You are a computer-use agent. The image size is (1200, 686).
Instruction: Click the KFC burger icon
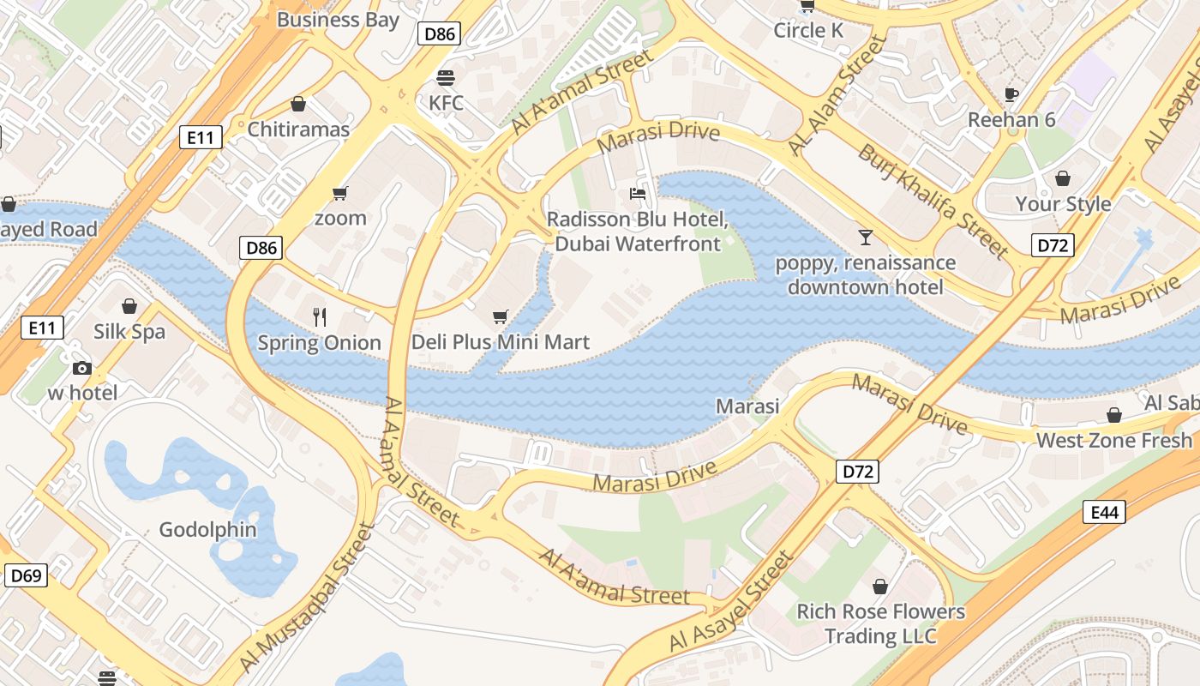pos(445,78)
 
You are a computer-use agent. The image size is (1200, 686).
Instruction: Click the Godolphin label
pos(207,530)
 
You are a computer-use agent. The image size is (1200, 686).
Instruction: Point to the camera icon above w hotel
pos(81,369)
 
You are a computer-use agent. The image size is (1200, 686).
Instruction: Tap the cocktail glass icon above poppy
pos(865,237)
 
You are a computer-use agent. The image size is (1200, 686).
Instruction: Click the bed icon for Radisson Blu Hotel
pos(638,194)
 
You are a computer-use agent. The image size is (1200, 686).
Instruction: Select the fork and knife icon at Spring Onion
pos(320,317)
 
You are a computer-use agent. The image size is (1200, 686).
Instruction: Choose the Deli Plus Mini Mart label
pos(501,342)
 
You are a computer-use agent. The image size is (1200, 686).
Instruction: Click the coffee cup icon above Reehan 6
pos(1011,94)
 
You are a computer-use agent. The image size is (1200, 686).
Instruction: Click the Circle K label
pos(808,31)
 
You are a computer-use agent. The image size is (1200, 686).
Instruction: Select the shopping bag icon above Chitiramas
pos(298,105)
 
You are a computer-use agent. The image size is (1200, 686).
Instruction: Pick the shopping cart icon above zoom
pos(340,193)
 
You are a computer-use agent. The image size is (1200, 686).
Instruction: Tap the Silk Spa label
pos(129,332)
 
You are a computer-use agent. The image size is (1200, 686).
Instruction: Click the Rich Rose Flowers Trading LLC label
pos(880,624)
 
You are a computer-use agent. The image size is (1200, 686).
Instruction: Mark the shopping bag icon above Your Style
pos(1063,178)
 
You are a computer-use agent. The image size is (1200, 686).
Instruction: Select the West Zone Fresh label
pos(1113,441)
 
